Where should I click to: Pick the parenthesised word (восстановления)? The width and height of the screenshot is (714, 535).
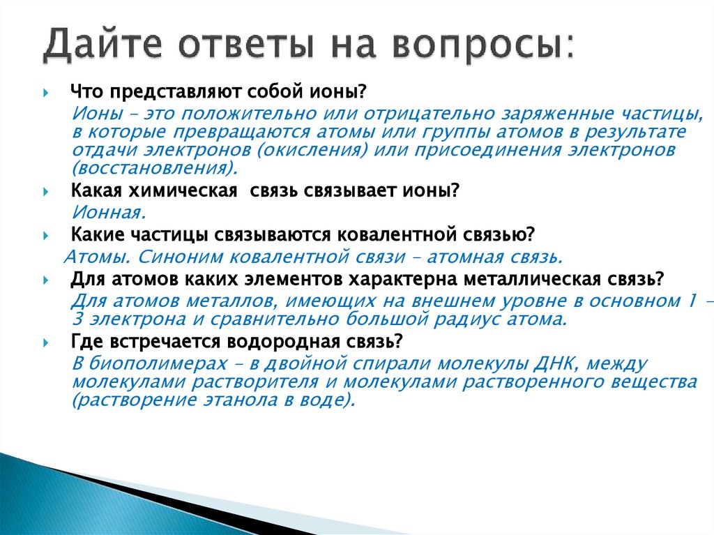(154, 169)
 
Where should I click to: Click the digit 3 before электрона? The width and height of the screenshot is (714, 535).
(76, 319)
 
